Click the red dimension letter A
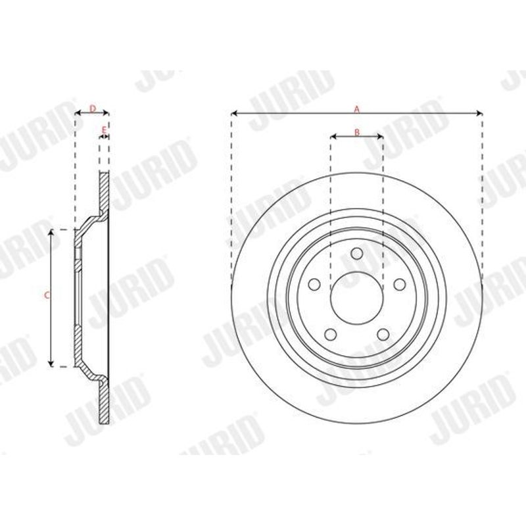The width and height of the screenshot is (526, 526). point(357,109)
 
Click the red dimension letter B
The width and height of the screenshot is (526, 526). point(357,132)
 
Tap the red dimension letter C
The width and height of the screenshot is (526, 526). point(47,295)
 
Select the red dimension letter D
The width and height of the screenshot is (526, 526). point(93,108)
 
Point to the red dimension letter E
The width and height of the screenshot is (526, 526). point(104,130)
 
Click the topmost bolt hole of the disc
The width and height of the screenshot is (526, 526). point(357,253)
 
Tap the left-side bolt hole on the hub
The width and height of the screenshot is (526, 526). point(314,285)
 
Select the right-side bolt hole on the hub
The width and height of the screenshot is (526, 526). point(400,285)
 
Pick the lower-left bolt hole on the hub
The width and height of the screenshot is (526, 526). point(331,335)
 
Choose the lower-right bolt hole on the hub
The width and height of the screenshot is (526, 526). point(383,335)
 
